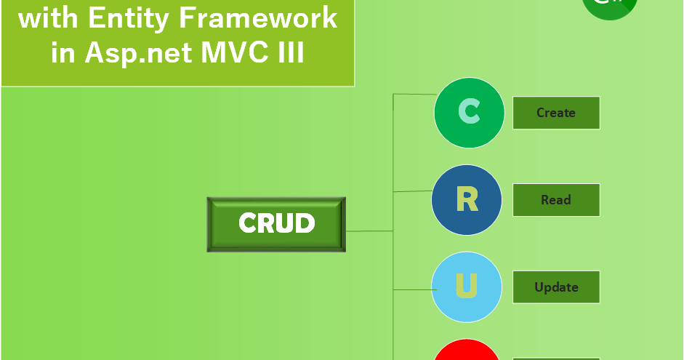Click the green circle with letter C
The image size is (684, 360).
point(469,113)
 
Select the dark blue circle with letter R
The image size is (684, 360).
point(466,200)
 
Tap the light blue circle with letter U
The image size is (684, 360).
point(466,287)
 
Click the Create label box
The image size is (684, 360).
point(556,113)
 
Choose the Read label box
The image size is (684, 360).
point(556,200)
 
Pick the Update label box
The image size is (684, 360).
point(556,287)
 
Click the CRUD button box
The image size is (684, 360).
point(276,224)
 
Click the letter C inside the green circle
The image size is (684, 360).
point(469,113)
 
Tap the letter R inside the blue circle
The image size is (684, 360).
point(466,200)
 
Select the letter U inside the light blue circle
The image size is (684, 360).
point(466,287)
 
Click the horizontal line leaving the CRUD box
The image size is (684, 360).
point(369,231)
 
